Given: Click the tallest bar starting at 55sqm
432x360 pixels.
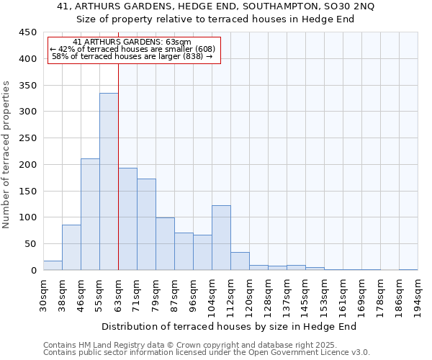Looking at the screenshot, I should (109, 181).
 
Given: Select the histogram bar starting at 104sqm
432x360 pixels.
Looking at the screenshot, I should (221, 238).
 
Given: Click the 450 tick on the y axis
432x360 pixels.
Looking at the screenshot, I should (27, 32).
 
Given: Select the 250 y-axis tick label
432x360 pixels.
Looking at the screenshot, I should (27, 138).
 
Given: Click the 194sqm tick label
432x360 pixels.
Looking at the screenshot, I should (418, 295).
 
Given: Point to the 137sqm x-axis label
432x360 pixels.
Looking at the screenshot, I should (287, 295).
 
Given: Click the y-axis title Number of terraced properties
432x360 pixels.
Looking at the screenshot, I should (7, 155).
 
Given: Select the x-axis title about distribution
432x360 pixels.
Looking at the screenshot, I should (229, 326).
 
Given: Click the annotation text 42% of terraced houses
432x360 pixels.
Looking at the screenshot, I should (132, 49).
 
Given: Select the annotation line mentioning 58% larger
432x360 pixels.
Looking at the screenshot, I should (132, 56).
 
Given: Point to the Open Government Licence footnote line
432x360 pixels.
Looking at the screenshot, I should (206, 353).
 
